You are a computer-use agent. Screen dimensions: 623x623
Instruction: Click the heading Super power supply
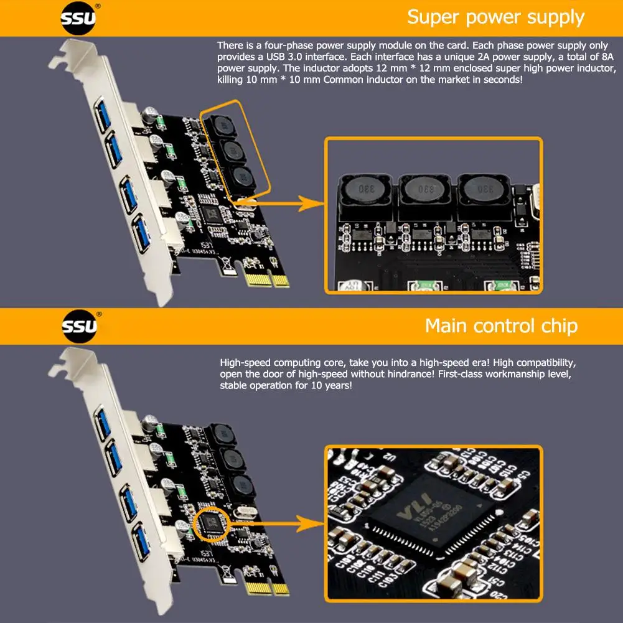coord(495,17)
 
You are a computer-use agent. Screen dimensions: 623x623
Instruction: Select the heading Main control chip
coord(501,326)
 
